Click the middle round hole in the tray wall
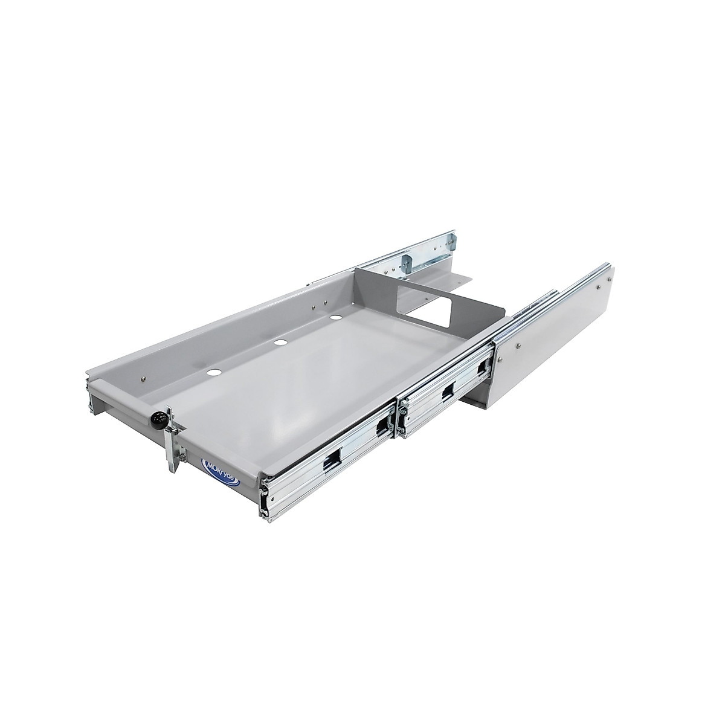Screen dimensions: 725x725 tap(279, 343)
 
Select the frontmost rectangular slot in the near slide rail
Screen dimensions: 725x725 tap(330, 463)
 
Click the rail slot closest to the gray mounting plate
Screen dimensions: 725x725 tap(483, 367)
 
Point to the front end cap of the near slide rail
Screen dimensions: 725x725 tap(264, 495)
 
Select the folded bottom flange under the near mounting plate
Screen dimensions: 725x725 tap(477, 399)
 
